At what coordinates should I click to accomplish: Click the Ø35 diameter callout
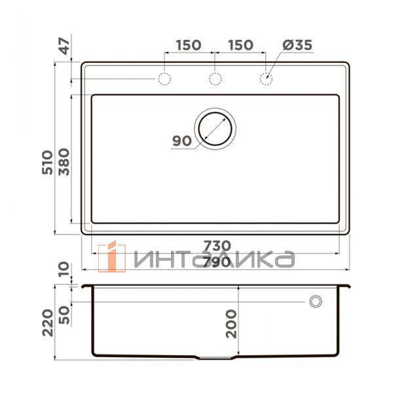coord(297,45)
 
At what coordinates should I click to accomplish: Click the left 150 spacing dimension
coord(188,45)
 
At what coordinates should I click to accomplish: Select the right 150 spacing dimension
coord(240,45)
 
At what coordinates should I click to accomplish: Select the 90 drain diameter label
coord(181,140)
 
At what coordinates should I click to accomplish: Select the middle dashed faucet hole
coord(215,79)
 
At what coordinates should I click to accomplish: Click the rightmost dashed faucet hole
coord(266,79)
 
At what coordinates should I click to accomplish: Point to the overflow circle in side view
coord(316,301)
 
